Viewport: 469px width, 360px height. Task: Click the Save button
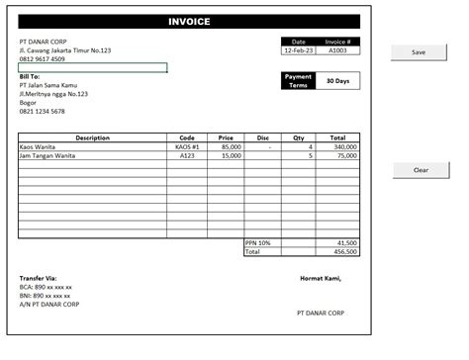[x=419, y=51]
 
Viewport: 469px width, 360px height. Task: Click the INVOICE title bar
[x=188, y=21]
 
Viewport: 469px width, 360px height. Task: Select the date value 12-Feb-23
[x=298, y=49]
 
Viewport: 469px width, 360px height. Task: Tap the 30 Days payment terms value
[x=337, y=81]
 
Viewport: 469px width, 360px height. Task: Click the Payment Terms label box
[x=298, y=81]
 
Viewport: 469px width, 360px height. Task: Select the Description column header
[x=92, y=137]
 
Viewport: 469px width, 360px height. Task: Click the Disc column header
[x=262, y=137]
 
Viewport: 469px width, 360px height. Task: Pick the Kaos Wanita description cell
[x=40, y=146]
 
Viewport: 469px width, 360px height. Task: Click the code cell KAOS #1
[x=187, y=146]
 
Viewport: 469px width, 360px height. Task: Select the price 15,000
[x=231, y=155]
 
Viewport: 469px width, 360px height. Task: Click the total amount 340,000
[x=345, y=146]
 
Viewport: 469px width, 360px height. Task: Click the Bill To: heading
[x=30, y=76]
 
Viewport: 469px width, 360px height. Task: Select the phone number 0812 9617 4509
[x=44, y=59]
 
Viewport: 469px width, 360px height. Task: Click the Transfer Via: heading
[x=39, y=278]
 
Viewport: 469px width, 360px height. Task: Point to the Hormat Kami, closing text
[x=320, y=278]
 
